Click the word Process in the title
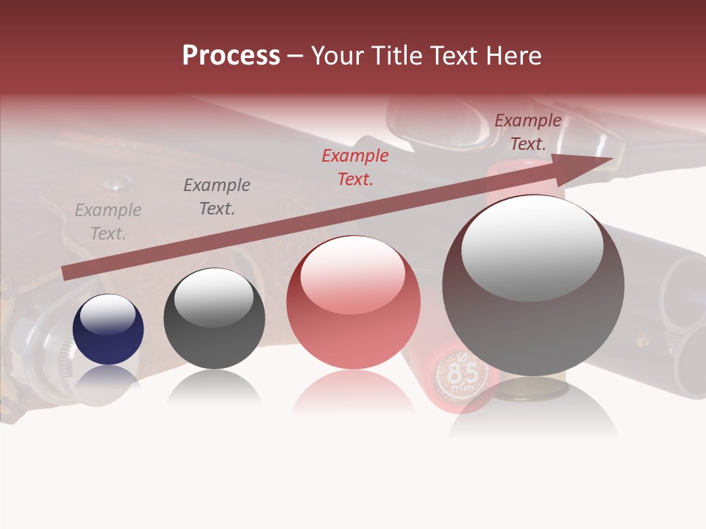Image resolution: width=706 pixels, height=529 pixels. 231,56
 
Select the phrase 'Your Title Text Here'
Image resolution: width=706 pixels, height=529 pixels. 426,56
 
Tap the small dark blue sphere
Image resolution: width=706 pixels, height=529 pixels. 108,330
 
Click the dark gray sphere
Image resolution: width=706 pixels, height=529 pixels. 214,319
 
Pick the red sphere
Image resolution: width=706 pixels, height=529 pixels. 353,303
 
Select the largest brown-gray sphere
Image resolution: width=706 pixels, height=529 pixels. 533,285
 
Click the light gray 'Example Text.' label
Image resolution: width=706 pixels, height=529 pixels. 108,222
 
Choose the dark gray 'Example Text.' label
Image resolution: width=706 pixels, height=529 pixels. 217,197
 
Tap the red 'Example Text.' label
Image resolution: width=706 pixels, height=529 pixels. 355,167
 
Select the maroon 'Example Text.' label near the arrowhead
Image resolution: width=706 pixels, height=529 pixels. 528,132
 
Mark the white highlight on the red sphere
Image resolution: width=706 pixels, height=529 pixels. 352,275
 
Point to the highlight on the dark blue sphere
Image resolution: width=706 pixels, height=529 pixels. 108,315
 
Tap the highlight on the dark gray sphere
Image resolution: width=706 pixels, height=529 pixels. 214,297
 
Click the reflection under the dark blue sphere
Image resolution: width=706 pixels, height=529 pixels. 108,376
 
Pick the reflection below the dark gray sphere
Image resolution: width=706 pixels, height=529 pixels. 214,387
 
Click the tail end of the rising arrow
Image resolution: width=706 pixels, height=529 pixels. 66,273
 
